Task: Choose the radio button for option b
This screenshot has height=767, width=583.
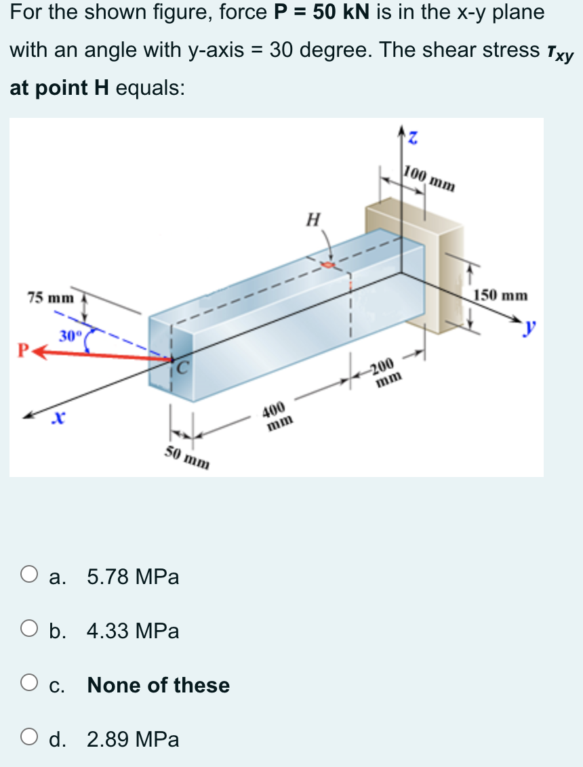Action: tap(28, 631)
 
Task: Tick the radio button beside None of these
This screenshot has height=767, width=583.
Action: tap(28, 684)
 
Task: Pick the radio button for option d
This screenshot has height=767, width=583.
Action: tap(28, 739)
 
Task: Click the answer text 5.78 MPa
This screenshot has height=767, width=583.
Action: tap(133, 577)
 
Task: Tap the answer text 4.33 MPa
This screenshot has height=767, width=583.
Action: tap(133, 631)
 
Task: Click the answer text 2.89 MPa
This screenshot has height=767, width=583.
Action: tap(133, 739)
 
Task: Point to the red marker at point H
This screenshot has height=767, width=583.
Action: tap(329, 264)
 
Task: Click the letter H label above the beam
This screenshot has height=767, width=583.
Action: tap(313, 219)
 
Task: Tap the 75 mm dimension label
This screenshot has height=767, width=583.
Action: tap(50, 297)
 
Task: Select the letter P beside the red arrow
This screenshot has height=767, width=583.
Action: tap(23, 351)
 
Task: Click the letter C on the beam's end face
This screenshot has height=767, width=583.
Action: tap(182, 370)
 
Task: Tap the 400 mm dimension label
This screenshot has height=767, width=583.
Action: tap(279, 416)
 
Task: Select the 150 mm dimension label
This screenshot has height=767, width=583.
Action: tap(500, 295)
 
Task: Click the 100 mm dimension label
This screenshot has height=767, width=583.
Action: tap(428, 178)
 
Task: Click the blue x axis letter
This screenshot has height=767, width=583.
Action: tap(60, 420)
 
